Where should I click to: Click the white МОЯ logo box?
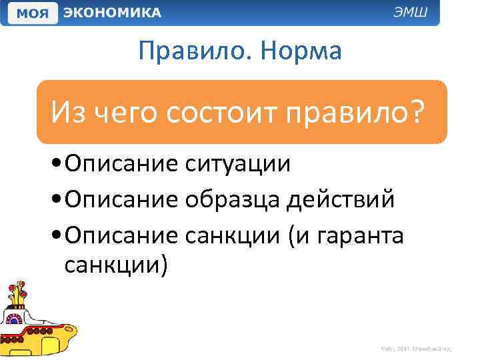pos(31,13)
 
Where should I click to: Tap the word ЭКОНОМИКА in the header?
pos(112,13)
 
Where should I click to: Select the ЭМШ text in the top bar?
pos(414,13)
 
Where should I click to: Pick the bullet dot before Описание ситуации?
pos(55,164)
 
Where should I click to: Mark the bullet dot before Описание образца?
pos(55,199)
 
